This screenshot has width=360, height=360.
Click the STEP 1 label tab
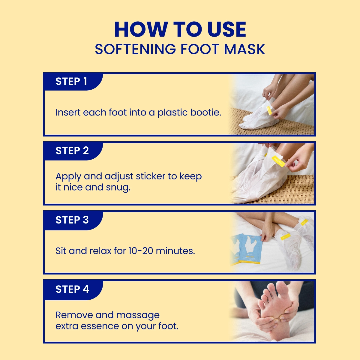point(71,81)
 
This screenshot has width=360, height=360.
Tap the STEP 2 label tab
point(72,151)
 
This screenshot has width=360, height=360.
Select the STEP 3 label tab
point(72,220)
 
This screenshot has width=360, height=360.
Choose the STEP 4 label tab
point(72,289)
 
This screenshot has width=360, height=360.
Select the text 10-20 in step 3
point(141,250)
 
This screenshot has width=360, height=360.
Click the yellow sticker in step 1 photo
point(269,110)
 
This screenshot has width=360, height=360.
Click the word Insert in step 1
point(68,112)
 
